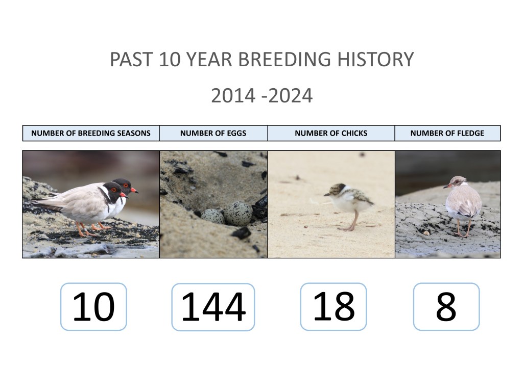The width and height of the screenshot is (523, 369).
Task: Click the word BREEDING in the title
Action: tap(284, 59)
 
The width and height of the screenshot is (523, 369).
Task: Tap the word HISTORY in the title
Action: tap(375, 59)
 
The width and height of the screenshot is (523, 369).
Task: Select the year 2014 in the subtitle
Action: tap(233, 96)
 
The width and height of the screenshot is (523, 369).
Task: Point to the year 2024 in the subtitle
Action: tap(290, 96)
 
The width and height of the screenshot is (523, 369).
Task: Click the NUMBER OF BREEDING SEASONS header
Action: tap(91, 133)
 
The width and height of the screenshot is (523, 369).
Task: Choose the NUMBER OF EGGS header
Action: tap(213, 133)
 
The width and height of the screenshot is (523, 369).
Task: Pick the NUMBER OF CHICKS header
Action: tap(331, 133)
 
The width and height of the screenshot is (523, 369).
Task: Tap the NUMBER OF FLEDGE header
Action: tap(447, 133)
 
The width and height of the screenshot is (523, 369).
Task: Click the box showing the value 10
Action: tap(94, 306)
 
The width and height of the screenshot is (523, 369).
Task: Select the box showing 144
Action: tap(213, 307)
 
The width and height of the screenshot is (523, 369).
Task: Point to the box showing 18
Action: tap(334, 306)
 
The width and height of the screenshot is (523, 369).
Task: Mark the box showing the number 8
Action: tap(446, 306)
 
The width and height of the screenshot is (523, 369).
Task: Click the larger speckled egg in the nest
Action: tap(238, 213)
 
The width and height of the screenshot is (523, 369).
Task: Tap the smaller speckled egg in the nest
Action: tap(212, 217)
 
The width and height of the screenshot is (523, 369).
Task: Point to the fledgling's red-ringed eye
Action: tap(452, 183)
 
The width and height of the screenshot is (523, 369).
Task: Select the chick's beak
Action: tap(326, 194)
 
